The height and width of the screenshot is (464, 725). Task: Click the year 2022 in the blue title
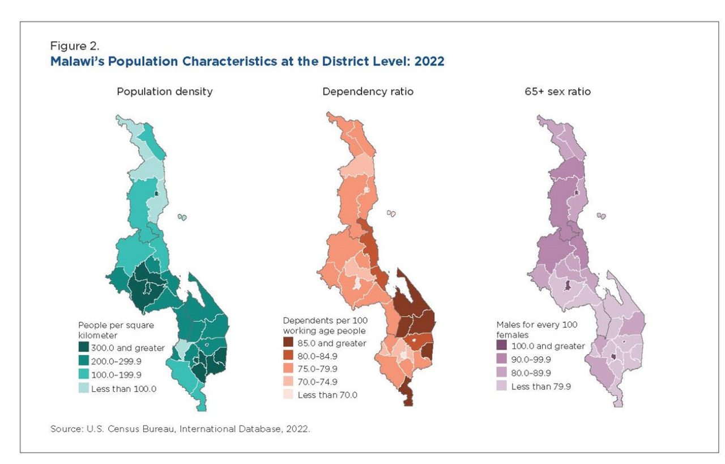tap(429, 62)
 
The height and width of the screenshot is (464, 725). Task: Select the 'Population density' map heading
tap(164, 91)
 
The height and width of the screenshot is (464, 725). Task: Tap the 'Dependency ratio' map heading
tap(368, 91)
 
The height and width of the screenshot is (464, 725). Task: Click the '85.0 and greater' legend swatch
tap(289, 343)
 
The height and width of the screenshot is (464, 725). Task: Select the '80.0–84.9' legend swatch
tap(289, 356)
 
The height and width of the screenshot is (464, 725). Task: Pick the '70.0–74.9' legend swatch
tap(289, 382)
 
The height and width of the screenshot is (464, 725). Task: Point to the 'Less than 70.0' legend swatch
tap(289, 395)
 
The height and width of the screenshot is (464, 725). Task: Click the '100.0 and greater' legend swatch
tap(502, 345)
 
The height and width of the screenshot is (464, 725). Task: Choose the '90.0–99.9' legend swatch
tap(502, 359)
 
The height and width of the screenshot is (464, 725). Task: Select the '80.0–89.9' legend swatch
tap(502, 373)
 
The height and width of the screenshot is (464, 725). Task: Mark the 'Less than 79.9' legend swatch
tap(502, 386)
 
